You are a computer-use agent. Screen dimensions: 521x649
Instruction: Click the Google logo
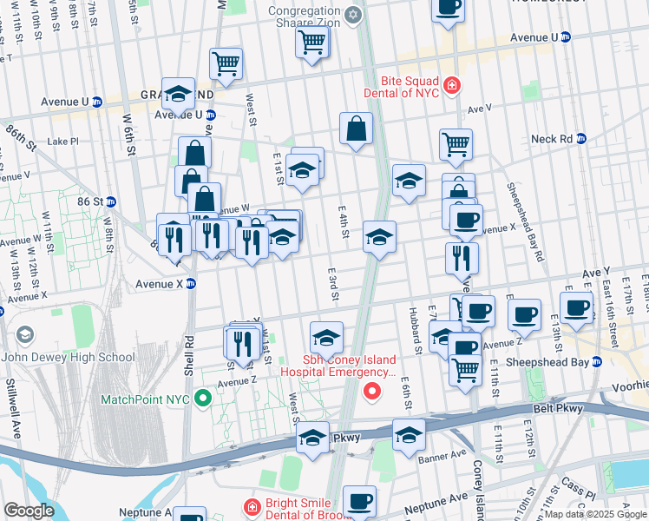point(29,511)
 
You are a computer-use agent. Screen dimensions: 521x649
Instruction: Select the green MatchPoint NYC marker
point(203,399)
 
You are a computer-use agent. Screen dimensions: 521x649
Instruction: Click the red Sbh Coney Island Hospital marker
point(373,392)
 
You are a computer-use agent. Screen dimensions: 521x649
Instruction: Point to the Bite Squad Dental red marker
point(451,85)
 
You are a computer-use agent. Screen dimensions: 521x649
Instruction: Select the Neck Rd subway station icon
point(582,138)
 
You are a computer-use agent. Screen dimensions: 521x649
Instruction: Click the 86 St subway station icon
point(110,201)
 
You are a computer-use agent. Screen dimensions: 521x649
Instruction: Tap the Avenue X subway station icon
point(191,283)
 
